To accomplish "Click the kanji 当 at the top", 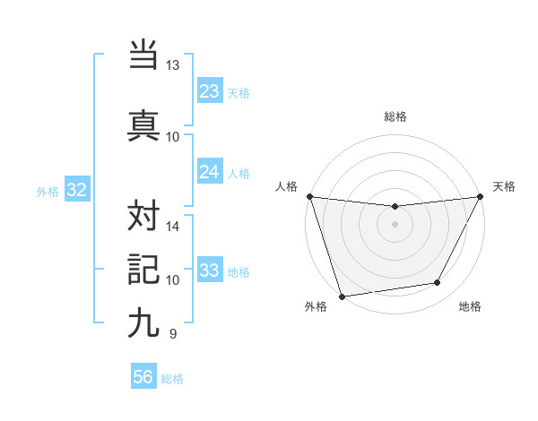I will [x=143, y=55].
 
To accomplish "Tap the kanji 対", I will [x=143, y=215].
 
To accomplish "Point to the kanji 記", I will [x=143, y=269].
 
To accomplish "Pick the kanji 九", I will [x=143, y=322].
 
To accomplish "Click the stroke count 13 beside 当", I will [x=173, y=65].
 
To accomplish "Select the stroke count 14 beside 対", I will [x=173, y=227].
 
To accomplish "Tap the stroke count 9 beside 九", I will [x=172, y=334].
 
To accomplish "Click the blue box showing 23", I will [x=210, y=91].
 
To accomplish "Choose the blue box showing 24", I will [x=210, y=172].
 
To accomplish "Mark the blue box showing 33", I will [x=210, y=271].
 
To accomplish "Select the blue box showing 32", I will [x=76, y=190].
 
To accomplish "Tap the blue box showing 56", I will [x=143, y=377].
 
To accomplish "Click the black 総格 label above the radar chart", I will [x=395, y=116].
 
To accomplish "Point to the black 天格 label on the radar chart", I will [x=505, y=186].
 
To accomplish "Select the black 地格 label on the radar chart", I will [x=470, y=306].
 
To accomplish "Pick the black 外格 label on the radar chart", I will [x=316, y=306].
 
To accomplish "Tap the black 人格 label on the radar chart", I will [x=287, y=186].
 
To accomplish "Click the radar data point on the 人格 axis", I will [x=310, y=196].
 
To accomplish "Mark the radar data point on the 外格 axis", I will [x=342, y=295].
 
